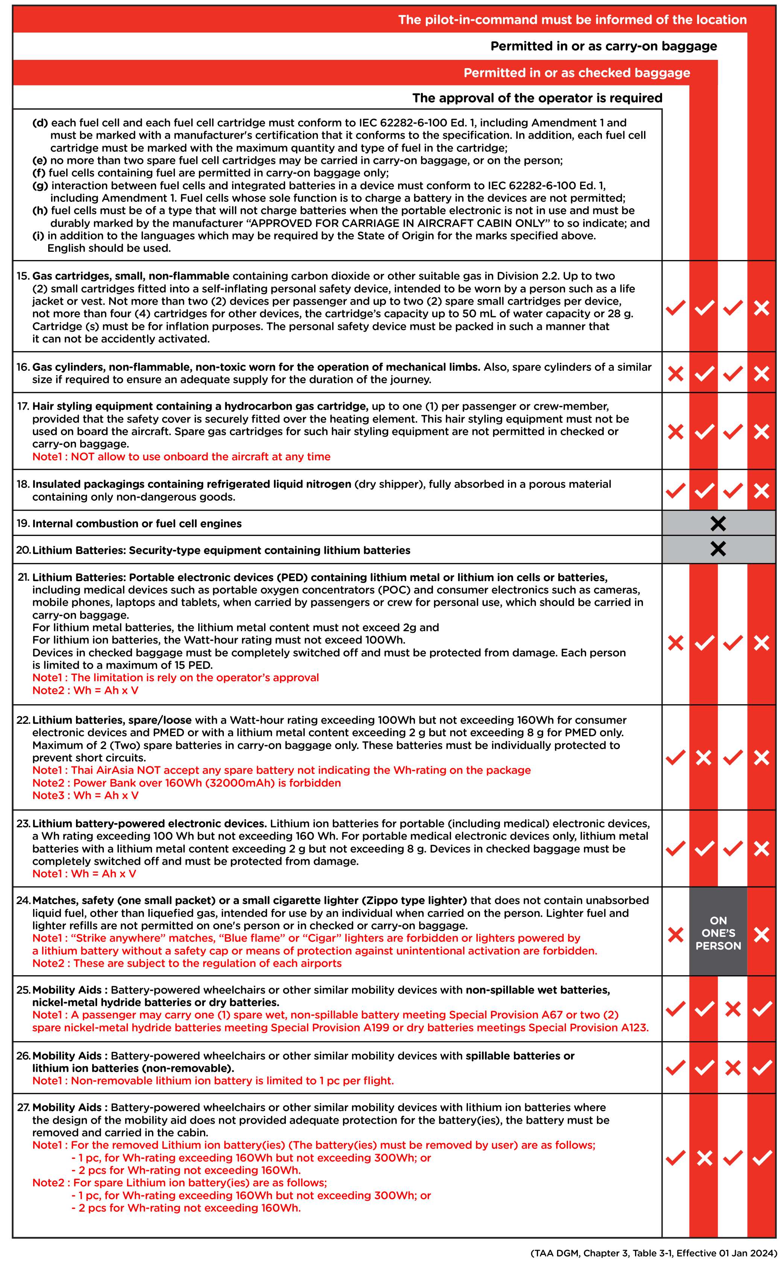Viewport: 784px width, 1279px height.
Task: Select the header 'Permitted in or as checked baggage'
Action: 576,73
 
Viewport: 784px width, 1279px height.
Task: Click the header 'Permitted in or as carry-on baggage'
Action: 603,46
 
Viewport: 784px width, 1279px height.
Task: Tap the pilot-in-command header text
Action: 572,20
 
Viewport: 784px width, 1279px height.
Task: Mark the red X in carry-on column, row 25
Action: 732,1009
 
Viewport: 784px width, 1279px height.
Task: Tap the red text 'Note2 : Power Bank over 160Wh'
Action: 186,783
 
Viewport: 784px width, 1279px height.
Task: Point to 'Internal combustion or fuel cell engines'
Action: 137,524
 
